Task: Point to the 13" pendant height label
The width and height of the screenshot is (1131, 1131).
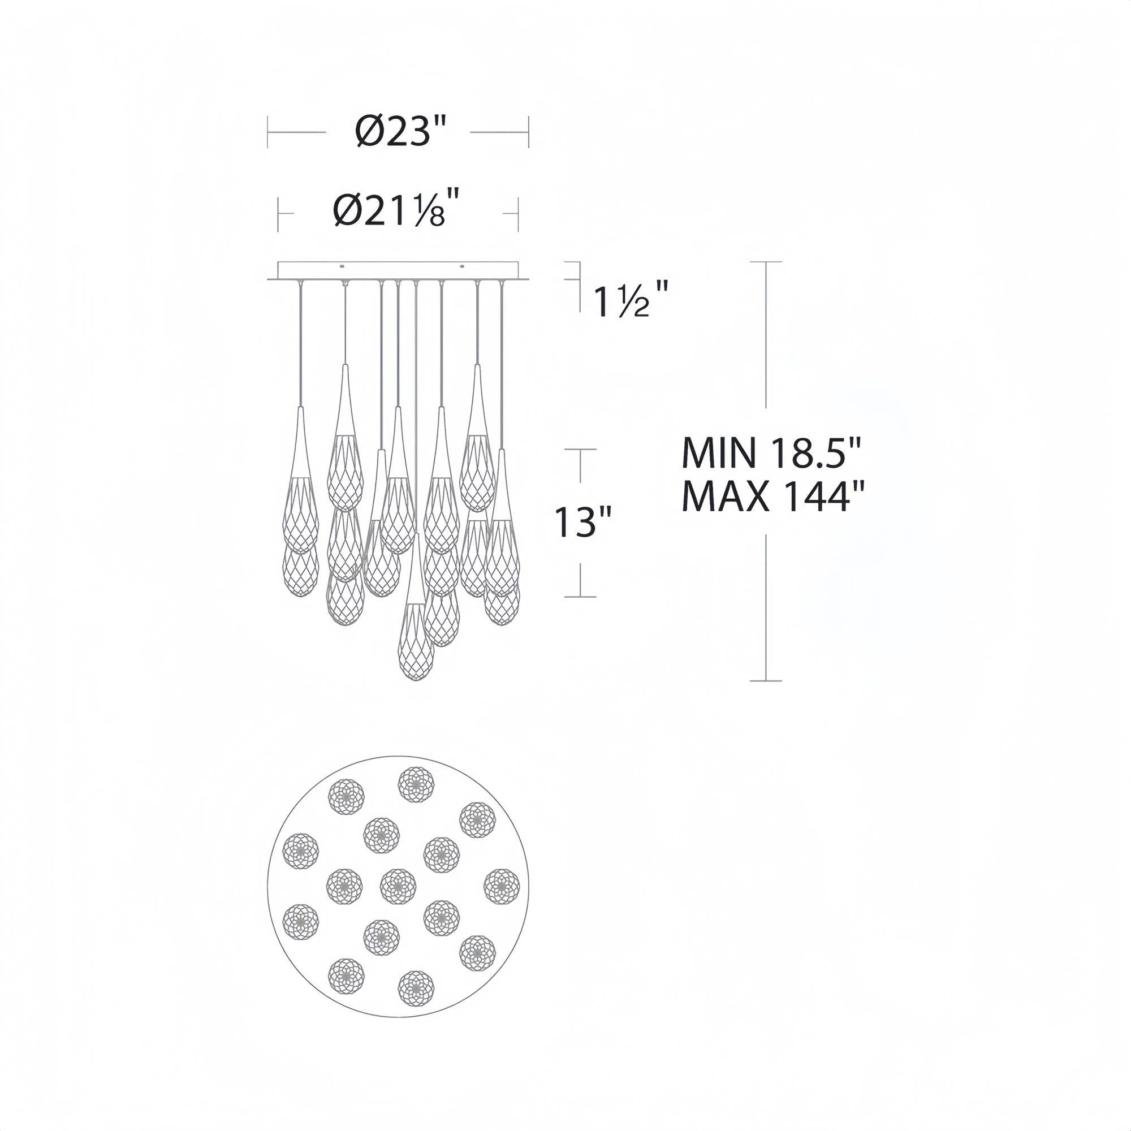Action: click(583, 522)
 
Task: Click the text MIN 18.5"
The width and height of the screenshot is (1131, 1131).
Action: click(772, 453)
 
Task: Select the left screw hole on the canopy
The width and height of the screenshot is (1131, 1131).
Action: click(343, 267)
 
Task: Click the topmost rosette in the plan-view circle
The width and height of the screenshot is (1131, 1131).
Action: click(416, 784)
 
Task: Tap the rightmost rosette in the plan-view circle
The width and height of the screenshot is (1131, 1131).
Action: click(502, 886)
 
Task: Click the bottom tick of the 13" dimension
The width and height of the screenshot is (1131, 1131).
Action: click(580, 597)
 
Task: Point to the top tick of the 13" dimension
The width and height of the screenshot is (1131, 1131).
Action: click(580, 450)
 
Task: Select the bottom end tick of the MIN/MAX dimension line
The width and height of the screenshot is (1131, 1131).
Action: click(766, 681)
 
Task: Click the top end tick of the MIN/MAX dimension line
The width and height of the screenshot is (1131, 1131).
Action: click(766, 262)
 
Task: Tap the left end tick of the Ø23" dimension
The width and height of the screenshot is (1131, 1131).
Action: click(267, 132)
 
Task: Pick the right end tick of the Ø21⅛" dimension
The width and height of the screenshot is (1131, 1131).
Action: click(518, 214)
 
